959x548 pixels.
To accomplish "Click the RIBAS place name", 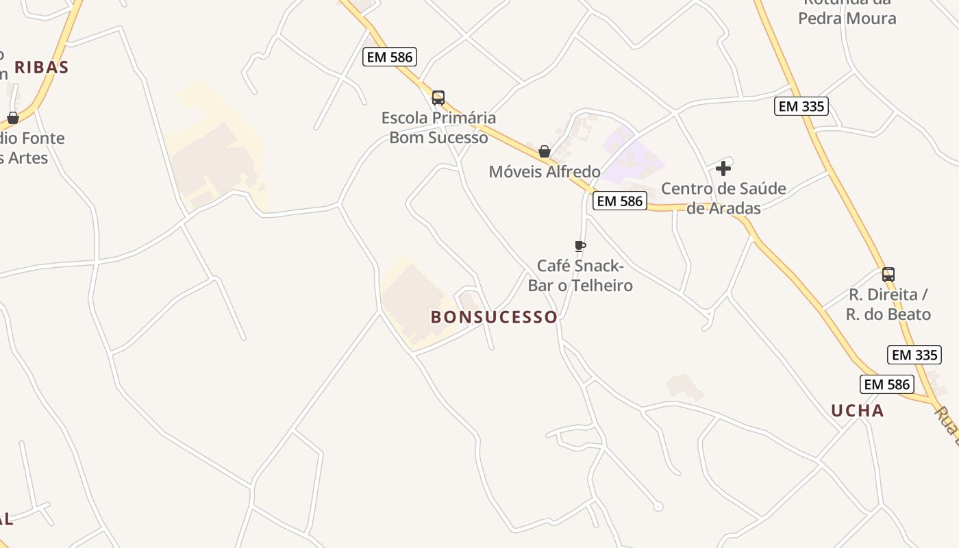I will tap(42, 67).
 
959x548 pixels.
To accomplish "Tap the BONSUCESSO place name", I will tap(494, 317).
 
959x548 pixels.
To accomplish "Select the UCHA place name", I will tap(857, 410).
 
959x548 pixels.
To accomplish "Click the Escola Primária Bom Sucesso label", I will tap(438, 127).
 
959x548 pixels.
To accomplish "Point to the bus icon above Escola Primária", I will tap(438, 98).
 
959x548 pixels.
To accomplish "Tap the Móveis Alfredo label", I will tap(545, 171).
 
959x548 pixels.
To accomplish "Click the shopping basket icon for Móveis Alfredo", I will tap(545, 151).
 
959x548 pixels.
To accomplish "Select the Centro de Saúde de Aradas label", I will tap(723, 198).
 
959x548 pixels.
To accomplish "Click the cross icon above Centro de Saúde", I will tap(723, 169).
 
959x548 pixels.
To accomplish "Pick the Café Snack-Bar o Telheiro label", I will tap(580, 275).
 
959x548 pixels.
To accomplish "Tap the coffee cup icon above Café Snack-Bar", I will tap(580, 246).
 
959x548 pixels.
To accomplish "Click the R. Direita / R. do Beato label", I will tap(888, 304).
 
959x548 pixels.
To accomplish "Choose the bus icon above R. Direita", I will tap(888, 275).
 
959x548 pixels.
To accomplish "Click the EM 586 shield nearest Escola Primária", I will tap(390, 57).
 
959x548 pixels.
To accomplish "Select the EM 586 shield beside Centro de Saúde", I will tap(620, 201).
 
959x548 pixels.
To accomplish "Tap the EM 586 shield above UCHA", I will tap(887, 384).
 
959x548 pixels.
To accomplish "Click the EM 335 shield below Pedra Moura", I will tap(801, 106).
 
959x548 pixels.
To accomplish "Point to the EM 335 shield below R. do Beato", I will tap(915, 355).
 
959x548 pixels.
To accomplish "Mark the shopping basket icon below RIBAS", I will tap(13, 118).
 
